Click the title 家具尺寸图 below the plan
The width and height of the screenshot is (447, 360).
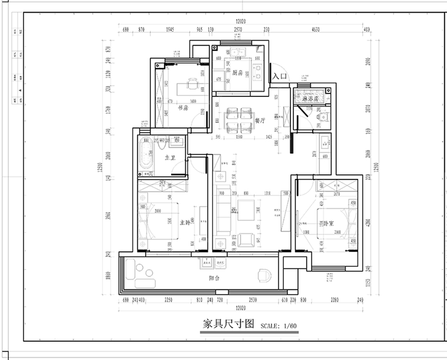[x=228, y=324]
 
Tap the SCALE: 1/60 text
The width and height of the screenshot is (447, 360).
[x=279, y=326]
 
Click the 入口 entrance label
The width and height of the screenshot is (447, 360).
[x=280, y=76]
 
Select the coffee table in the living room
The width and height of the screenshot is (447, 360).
[x=247, y=210]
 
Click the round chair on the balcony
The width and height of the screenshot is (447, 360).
[x=264, y=276]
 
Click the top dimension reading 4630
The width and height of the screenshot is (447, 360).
[x=315, y=30]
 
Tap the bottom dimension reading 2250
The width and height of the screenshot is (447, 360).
[x=168, y=300]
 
